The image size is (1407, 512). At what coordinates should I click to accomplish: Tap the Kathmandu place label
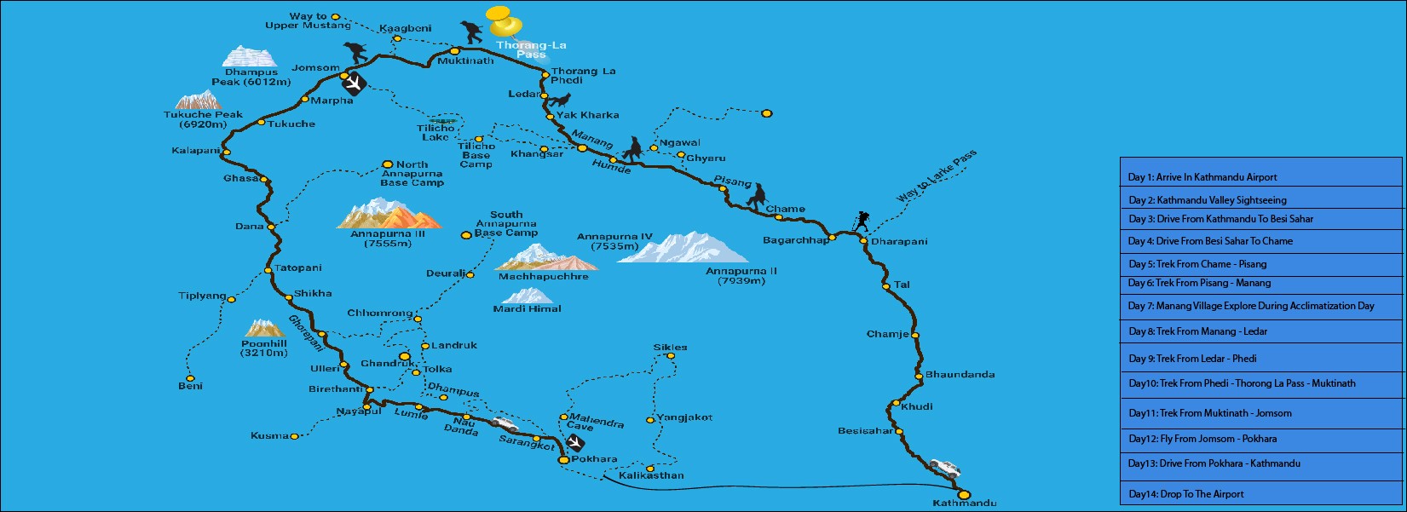(964, 503)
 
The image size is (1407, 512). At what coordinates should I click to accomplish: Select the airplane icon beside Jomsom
(353, 83)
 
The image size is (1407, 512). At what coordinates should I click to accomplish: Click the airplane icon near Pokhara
(576, 443)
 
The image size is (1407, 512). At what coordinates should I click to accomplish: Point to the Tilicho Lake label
(435, 133)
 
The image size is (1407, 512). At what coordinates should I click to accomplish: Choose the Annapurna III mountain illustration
(389, 215)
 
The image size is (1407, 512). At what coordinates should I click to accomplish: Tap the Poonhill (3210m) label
(264, 348)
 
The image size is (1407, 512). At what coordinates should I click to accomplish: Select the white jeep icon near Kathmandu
(944, 468)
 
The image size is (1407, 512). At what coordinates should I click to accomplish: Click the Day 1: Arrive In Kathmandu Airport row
(1260, 177)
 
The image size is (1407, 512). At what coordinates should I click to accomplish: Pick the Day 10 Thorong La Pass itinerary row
(1260, 383)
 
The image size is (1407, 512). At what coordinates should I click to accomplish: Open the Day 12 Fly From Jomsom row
(1260, 439)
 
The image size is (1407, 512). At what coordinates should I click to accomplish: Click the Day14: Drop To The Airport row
(1260, 494)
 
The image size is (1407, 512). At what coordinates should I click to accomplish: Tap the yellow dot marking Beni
(190, 378)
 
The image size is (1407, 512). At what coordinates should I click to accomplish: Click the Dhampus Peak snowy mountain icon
(250, 56)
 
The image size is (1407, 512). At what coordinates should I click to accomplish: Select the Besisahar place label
(865, 431)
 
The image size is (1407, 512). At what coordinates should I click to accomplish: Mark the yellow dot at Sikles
(671, 356)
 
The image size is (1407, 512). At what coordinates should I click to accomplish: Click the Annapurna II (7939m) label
(741, 276)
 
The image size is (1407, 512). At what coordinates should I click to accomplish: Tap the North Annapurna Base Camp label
(412, 174)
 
